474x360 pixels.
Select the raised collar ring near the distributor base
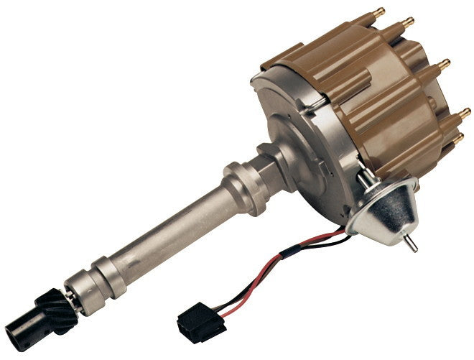point(243,188)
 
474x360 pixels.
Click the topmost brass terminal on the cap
point(378,13)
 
